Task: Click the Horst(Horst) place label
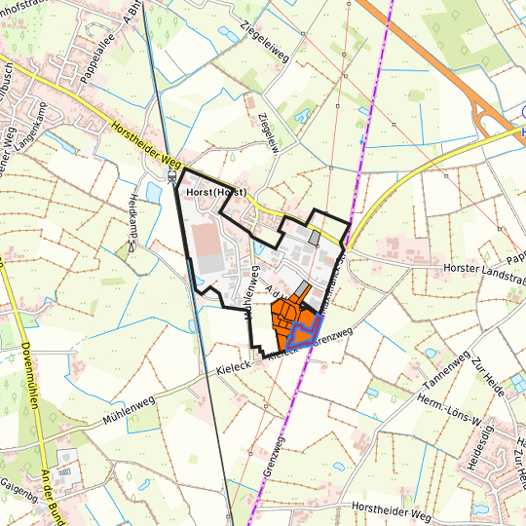pos(214,194)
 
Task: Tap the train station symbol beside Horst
pos(172,177)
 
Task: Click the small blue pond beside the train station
pos(154,191)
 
